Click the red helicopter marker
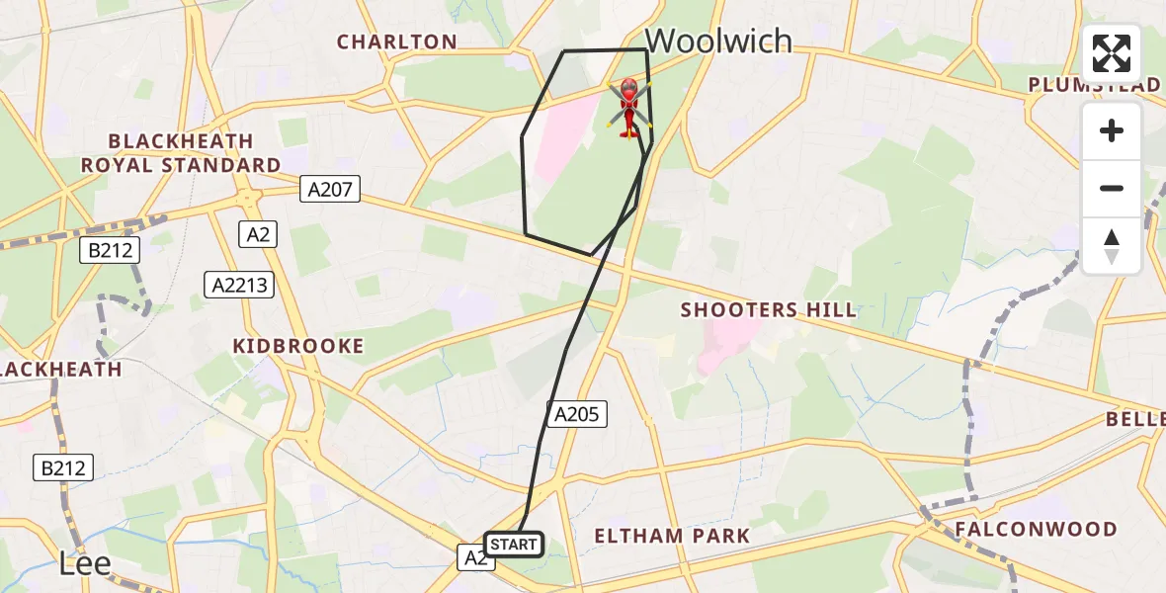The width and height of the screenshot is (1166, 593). [628, 107]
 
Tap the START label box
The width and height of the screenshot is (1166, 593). [514, 545]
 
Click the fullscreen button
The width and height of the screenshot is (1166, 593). [1112, 53]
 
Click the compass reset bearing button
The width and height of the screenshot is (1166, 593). [1112, 246]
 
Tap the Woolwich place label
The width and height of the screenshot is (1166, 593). [718, 41]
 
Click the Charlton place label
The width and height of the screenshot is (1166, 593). [396, 42]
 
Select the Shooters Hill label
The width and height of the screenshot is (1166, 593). [768, 310]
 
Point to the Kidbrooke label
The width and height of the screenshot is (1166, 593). [297, 346]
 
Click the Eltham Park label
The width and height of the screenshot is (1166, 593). [671, 537]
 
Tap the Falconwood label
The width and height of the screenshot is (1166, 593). [1036, 530]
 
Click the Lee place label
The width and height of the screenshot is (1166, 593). [85, 564]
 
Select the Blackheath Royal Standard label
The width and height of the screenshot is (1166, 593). [181, 153]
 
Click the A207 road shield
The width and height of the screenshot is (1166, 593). [330, 190]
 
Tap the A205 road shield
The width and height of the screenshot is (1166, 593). [577, 414]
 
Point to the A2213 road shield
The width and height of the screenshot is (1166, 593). [237, 286]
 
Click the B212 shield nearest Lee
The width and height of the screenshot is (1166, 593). [66, 467]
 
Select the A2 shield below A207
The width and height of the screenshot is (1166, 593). [258, 234]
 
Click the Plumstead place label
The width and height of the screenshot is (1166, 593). [1094, 85]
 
